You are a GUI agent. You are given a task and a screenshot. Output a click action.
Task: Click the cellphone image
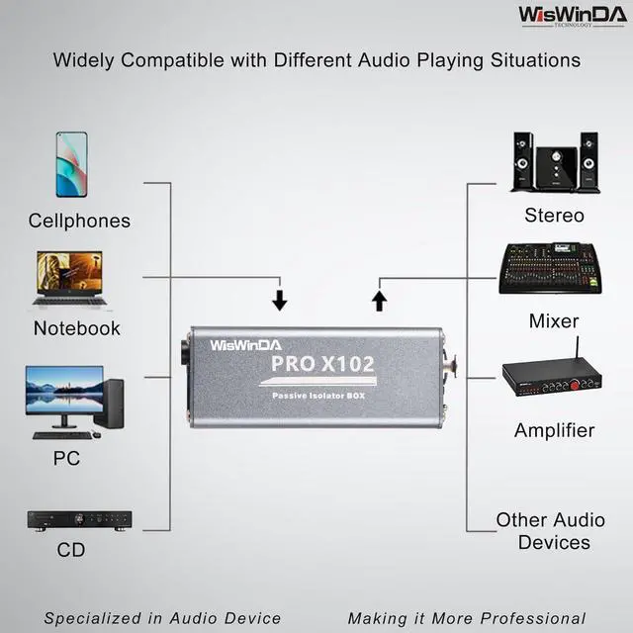pos(71,164)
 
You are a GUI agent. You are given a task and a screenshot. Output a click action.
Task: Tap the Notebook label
pos(77,328)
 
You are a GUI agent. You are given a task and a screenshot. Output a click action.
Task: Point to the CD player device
pos(79,520)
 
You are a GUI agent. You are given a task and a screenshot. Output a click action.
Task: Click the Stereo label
pos(554,216)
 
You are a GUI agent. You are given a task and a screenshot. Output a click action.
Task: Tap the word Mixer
pos(554,321)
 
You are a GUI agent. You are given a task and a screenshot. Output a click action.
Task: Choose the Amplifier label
pos(554,430)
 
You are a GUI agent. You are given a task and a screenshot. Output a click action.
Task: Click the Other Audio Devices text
pos(550,531)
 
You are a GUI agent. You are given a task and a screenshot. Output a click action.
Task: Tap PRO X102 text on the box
pos(322,364)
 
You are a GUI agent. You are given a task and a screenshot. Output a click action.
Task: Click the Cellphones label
pos(79,221)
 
